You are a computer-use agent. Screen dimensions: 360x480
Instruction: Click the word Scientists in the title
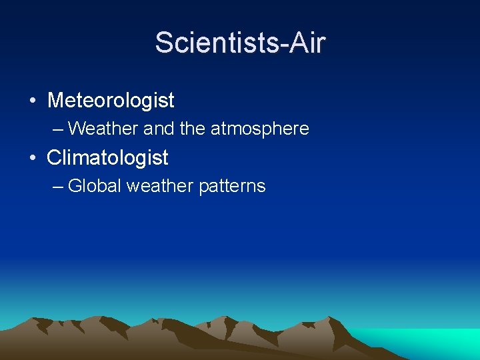tap(217, 43)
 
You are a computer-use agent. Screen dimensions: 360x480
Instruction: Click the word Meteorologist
tap(111, 101)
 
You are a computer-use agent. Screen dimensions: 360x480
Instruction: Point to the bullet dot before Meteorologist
tap(32, 101)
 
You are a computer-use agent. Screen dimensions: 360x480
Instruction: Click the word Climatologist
tap(107, 158)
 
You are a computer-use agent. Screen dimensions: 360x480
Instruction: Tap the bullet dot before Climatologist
tap(32, 159)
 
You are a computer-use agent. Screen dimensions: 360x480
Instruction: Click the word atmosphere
tap(260, 129)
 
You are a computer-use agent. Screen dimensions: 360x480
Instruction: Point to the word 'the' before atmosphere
tap(193, 129)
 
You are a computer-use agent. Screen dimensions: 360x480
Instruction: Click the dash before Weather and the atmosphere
tap(59, 129)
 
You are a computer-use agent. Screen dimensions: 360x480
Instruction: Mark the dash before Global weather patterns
tap(59, 186)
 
